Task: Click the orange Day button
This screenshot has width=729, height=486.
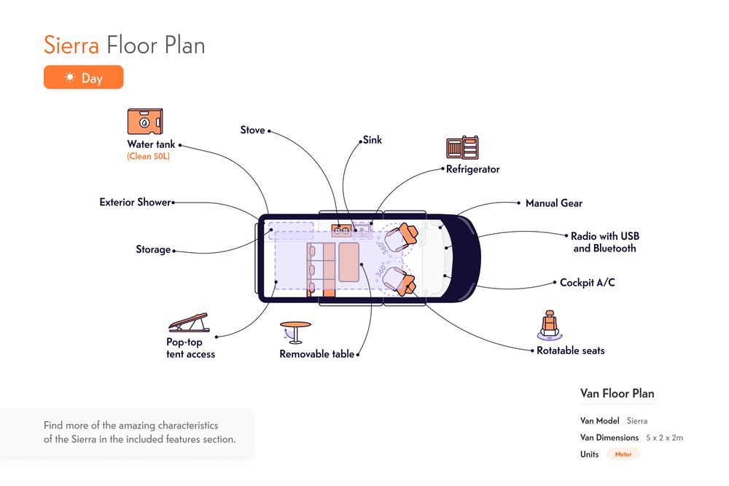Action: click(x=83, y=77)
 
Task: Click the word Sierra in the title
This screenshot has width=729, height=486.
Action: click(x=71, y=45)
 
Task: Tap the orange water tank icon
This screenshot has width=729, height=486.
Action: click(x=144, y=122)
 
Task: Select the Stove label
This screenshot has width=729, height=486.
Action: click(x=252, y=130)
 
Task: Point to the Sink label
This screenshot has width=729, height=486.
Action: click(x=372, y=140)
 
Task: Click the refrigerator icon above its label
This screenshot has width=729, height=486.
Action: click(x=462, y=149)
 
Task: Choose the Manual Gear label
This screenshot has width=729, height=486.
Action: click(x=554, y=203)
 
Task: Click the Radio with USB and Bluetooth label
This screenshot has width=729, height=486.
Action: click(x=605, y=242)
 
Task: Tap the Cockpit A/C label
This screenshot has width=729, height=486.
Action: click(x=587, y=283)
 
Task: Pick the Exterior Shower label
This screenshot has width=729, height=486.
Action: click(x=135, y=202)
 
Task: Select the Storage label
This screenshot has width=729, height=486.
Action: click(x=153, y=249)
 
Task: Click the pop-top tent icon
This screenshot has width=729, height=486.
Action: click(x=189, y=324)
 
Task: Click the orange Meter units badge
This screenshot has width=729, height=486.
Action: click(x=623, y=454)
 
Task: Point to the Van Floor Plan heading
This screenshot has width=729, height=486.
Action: click(x=617, y=393)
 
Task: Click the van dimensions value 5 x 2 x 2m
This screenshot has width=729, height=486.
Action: click(x=664, y=438)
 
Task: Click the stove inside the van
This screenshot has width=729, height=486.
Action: click(x=340, y=230)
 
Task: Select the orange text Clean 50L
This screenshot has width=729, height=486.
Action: click(x=148, y=157)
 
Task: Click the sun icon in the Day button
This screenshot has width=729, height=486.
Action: click(x=70, y=77)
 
